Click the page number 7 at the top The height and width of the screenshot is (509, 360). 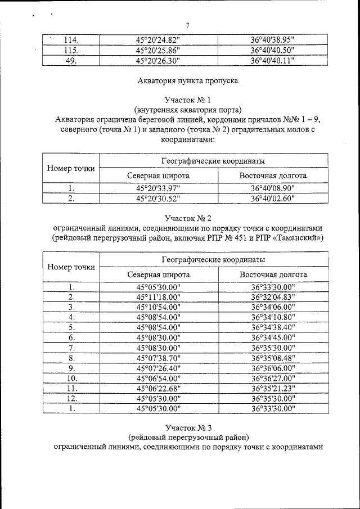click(188, 25)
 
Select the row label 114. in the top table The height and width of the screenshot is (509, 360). click(71, 40)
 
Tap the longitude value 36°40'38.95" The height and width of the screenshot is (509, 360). click(273, 40)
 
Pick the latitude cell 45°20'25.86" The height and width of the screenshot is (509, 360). click(158, 50)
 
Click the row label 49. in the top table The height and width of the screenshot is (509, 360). click(71, 61)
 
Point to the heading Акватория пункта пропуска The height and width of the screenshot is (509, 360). click(188, 80)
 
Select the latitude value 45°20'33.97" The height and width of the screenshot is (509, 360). click(158, 188)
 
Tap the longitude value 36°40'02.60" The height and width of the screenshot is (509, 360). click(273, 199)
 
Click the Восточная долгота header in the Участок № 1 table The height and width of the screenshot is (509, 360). click(273, 176)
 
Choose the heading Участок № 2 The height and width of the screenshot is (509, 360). click(188, 218)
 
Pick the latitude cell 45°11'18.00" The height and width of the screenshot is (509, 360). click(158, 297)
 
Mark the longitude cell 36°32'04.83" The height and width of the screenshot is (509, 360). click(273, 297)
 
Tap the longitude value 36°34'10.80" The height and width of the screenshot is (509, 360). click(273, 317)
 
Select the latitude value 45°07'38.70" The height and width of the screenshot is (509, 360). click(158, 358)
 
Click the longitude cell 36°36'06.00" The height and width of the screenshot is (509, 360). click(273, 368)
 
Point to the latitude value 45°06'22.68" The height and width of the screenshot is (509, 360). click(158, 388)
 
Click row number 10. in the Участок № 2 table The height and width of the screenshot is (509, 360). click(71, 378)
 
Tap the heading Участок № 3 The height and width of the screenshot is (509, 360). click(188, 427)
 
